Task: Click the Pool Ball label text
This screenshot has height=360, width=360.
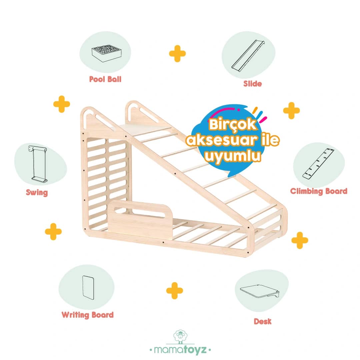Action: coord(105,79)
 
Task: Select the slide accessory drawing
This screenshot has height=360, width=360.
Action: coord(248,56)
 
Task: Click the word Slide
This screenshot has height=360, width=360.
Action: coord(253,84)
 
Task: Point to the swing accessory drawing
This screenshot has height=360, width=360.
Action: coord(38,164)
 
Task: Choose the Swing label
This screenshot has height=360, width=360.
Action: coord(37,192)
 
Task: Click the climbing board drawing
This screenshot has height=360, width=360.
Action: coord(318,164)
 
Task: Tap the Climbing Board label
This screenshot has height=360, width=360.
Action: coord(319,191)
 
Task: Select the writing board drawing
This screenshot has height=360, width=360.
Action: coord(88,288)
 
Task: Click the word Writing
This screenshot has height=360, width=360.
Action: coord(75,315)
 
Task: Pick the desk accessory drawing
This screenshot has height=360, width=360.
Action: coord(260,291)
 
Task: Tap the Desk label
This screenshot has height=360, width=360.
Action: coord(263,321)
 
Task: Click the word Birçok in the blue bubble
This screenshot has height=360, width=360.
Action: coord(232,125)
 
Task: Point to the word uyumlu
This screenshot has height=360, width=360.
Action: coord(233,156)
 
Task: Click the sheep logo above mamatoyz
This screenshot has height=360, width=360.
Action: coord(180,337)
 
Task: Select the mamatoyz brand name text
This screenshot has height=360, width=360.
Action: coord(180,350)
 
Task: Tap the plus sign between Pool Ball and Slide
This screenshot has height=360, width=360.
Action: coord(177,53)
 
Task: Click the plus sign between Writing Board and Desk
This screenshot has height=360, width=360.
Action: coord(174,291)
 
